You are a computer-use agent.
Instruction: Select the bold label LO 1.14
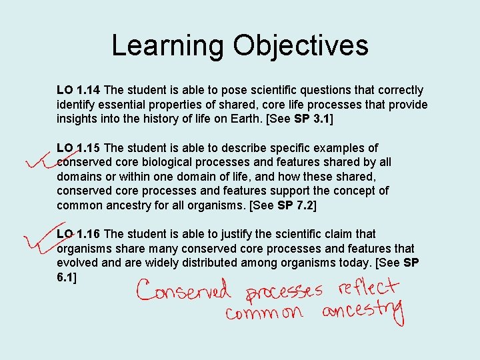(79, 90)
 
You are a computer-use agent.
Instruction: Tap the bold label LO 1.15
(79, 148)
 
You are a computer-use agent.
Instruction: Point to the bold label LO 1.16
(79, 234)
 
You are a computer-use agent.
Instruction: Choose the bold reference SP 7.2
(296, 205)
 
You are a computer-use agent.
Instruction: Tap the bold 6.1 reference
(65, 277)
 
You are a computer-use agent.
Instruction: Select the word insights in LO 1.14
(78, 119)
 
